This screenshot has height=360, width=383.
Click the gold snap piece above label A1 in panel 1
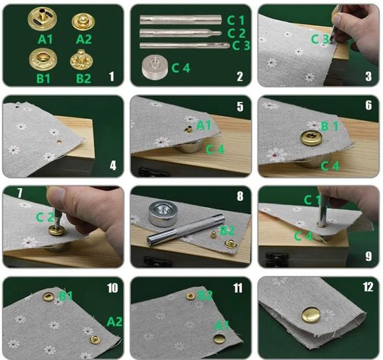pos(42,19)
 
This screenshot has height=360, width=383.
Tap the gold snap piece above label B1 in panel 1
pos(43,59)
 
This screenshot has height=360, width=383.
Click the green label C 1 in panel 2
pos(236,20)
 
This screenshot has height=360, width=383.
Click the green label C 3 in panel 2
pos(241,46)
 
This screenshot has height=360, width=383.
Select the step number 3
pos(369,77)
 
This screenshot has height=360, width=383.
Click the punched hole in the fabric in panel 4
pos(59,142)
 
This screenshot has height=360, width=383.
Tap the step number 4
pos(113,166)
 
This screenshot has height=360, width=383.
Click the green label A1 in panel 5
pos(204,126)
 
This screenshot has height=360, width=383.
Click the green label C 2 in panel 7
pos(45,217)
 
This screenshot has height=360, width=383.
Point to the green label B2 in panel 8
pos(227,231)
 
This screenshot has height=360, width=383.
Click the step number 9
pos(369,257)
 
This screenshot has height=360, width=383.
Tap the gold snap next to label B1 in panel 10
pos(48,297)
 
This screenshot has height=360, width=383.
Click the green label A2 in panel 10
pos(114,322)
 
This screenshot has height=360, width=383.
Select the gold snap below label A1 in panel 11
pos(219,339)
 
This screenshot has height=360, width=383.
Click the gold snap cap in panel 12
pos(311,314)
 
